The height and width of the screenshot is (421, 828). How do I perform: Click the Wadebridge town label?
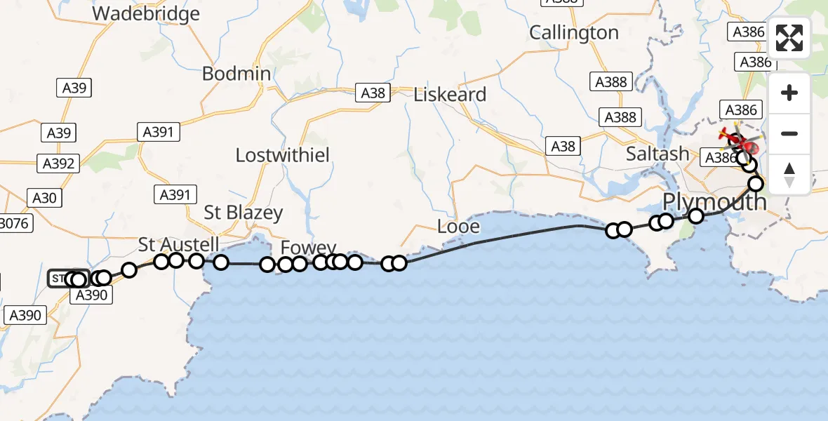click(x=146, y=13)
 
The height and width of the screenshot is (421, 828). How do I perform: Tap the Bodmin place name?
click(x=236, y=74)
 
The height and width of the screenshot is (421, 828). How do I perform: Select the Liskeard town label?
click(x=450, y=95)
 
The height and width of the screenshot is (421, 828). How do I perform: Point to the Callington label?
click(x=573, y=32)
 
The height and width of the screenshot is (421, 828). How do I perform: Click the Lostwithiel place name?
click(x=282, y=155)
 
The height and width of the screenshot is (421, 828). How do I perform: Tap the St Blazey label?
click(x=243, y=213)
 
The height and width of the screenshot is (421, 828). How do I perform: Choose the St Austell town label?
click(x=178, y=245)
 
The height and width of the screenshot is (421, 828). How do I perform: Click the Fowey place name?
click(x=308, y=248)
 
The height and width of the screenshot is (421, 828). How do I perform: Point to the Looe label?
click(x=458, y=226)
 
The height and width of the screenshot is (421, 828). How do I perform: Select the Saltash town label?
click(x=657, y=154)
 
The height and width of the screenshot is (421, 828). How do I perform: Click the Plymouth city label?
click(x=714, y=202)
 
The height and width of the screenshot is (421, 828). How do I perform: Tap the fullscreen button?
click(x=789, y=39)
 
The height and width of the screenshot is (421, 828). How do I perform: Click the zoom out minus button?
click(x=789, y=133)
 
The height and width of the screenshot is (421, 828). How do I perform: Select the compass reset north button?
click(x=789, y=174)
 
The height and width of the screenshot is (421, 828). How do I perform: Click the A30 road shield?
click(x=44, y=198)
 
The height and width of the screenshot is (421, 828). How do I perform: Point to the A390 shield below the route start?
click(x=91, y=295)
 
